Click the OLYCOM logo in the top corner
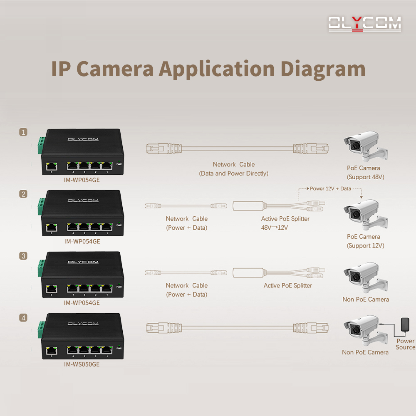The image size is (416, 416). coord(364,24)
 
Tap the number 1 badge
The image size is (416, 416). coord(23,132)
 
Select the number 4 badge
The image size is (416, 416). coord(23,318)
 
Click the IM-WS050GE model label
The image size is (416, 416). coord(82,364)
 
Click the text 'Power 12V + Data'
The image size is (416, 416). coord(330,188)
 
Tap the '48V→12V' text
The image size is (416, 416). coord(275,228)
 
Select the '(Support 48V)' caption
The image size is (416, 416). coord(365,177)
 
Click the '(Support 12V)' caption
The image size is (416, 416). coord(365,245)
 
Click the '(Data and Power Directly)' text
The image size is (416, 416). coord(233,173)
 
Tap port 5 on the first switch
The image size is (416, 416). coord(52,166)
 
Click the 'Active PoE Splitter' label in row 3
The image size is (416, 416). coord(287,285)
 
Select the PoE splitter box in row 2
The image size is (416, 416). coord(248,206)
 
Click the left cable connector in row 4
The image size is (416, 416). coord(165,327)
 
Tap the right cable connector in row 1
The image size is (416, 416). coord(310,147)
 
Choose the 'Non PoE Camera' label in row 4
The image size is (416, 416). coord(365,352)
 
